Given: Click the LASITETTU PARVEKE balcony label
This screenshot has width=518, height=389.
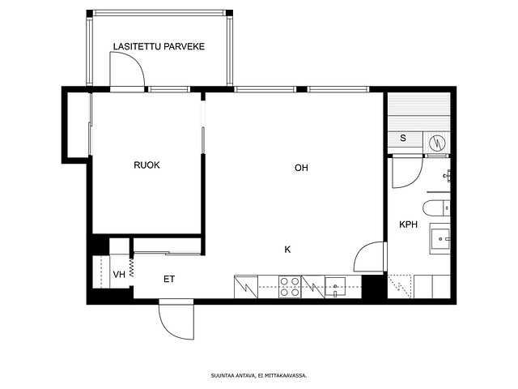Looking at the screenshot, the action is click(159, 46).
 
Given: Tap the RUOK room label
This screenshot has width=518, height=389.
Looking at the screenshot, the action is click(146, 165).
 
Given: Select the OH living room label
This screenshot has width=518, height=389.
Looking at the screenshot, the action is click(301, 168).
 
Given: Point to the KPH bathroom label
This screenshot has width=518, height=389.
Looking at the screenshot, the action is click(408, 224).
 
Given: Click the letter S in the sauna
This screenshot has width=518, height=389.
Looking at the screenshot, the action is click(403, 138).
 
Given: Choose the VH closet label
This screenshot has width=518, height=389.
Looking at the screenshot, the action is click(119, 274).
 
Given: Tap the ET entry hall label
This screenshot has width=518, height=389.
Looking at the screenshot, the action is click(169, 279).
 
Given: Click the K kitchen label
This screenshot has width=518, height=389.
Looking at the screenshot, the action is click(287, 250).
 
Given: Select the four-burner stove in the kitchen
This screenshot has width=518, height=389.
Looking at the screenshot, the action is click(290, 287).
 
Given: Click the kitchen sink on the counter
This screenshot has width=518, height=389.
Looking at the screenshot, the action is click(335, 286).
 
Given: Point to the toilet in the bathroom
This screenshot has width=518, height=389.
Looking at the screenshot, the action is click(436, 208).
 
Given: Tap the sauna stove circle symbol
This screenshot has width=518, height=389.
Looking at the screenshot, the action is click(437, 143).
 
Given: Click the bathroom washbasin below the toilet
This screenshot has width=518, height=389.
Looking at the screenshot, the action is click(439, 238).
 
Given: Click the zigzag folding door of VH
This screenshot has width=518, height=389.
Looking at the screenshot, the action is click(132, 267).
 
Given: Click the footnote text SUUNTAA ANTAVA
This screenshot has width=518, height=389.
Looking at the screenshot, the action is click(233, 376).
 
